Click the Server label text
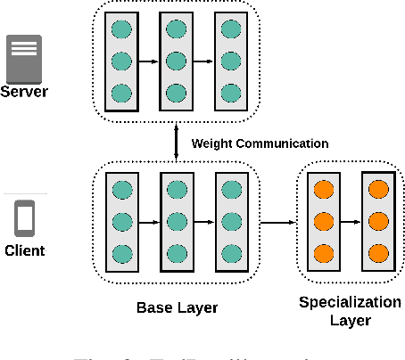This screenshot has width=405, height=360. point(25,92)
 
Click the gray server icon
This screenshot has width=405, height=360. point(25,58)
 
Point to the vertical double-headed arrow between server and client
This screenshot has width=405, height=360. point(177,143)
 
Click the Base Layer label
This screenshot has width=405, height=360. point(177,307)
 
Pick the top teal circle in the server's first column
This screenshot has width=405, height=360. point(121,29)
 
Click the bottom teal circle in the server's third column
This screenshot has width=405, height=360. point(231,94)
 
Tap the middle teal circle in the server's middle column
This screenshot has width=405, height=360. point(177,61)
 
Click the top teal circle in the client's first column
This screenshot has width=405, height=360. point(121,188)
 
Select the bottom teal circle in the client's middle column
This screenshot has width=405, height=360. point(177,253)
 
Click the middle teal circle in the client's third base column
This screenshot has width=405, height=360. point(231,220)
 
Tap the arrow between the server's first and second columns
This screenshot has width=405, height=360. point(149,61)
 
